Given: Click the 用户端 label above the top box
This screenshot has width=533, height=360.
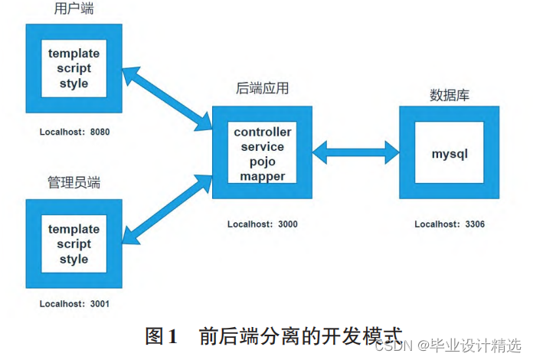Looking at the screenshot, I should coord(74,9).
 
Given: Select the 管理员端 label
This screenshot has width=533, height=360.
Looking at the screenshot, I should coord(74,182).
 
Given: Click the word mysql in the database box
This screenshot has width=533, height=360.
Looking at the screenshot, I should coord(450,153).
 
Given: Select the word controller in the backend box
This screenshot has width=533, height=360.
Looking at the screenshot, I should coord(263,132).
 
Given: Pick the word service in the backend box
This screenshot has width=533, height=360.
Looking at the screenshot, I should coord(263,146).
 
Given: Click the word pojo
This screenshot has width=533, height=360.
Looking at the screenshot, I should coord(263,162).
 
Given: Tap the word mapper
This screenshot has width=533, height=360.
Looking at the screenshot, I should coord(263,176).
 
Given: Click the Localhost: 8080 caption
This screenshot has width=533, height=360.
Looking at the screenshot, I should coord(75,132).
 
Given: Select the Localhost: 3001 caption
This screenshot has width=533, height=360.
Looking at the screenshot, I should coord(75,303).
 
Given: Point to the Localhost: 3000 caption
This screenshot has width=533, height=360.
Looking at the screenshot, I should coord(263,224).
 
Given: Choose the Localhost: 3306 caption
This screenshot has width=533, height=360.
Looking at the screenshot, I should coord(450,224).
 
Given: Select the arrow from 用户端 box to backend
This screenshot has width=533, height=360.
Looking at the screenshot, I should coord(167,97).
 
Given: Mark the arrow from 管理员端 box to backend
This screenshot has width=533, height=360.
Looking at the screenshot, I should coord(167,208).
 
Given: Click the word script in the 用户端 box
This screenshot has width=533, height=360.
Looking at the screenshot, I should coord(74,68).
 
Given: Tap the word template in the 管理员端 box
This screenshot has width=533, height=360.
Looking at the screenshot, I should coord(74,229).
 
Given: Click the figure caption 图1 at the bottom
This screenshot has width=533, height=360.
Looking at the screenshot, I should coord(162,335).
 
